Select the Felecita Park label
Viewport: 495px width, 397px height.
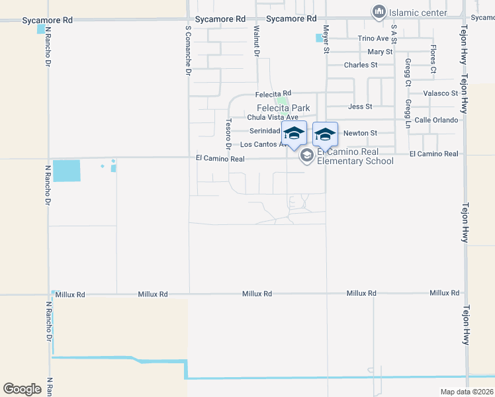tap(284, 109)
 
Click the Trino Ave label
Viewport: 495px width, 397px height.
tap(373, 39)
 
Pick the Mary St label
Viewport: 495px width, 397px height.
tap(380, 52)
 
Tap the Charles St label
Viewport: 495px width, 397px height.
tap(361, 65)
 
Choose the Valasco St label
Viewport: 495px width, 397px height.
tap(441, 93)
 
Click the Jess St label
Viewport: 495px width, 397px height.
tap(360, 106)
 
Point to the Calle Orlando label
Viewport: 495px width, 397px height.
tap(437, 120)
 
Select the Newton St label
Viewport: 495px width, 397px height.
tap(360, 133)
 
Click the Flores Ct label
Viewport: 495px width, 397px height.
tap(433, 60)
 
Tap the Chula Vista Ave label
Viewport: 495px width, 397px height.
tap(273, 117)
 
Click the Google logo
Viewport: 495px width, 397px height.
tap(22, 389)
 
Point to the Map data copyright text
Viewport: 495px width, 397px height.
tap(467, 392)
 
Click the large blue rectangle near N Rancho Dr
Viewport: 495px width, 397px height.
tap(66, 171)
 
